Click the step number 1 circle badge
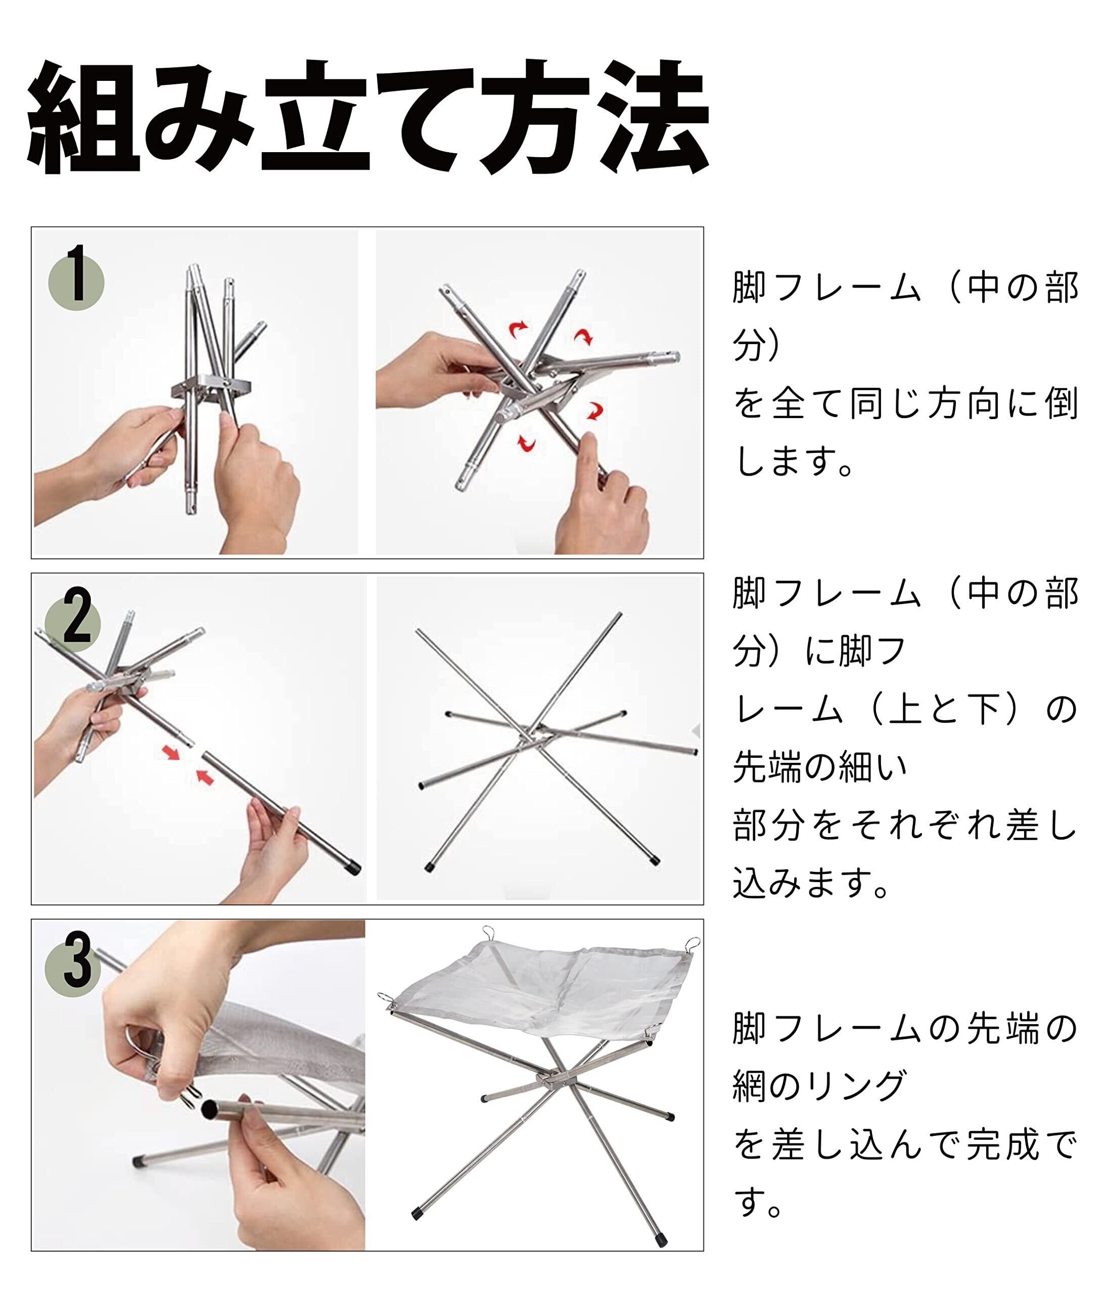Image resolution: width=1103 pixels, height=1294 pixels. click(76, 283)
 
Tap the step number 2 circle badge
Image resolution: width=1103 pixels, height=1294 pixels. click(73, 623)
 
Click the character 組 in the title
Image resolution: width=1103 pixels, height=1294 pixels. click(83, 116)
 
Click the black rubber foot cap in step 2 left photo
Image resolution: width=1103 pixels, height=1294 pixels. click(353, 868)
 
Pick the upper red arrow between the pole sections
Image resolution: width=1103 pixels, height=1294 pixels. click(171, 753)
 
